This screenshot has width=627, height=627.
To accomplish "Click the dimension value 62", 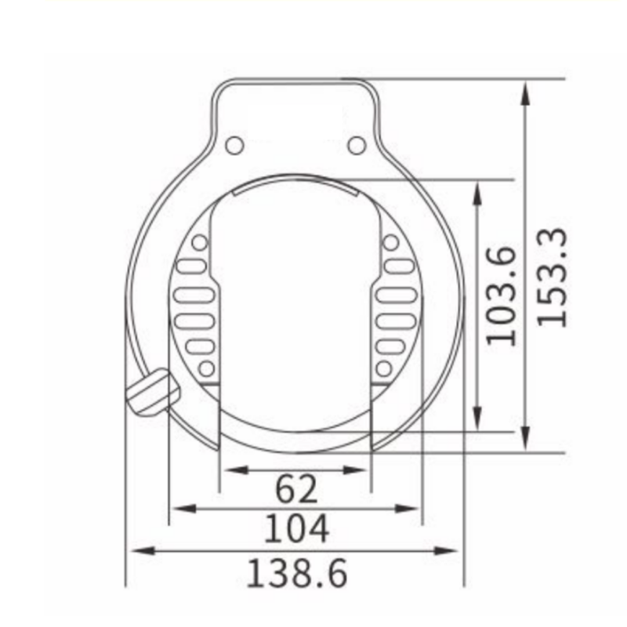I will pyautogui.click(x=296, y=490).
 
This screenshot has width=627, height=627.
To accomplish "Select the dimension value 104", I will pyautogui.click(x=295, y=531).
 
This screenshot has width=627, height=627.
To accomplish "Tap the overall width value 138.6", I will pyautogui.click(x=296, y=574).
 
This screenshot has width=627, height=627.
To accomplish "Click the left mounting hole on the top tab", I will pyautogui.click(x=234, y=145).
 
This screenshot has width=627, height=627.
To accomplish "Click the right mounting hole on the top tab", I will pyautogui.click(x=357, y=145).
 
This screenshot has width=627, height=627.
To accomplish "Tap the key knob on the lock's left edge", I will pyautogui.click(x=148, y=393).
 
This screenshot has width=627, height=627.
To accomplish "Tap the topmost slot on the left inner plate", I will pyautogui.click(x=189, y=266).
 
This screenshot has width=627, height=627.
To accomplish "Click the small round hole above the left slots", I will pyautogui.click(x=201, y=242).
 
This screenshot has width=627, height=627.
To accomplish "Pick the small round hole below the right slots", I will pyautogui.click(x=383, y=368).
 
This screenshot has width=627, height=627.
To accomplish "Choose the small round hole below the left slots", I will pyautogui.click(x=207, y=368).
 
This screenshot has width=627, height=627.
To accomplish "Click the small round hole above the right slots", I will pyautogui.click(x=390, y=242).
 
